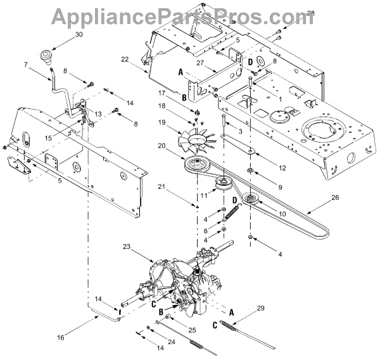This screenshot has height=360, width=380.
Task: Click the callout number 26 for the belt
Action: point(334,198)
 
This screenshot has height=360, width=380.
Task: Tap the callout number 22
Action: point(125,60)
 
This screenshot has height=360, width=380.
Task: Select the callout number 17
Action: point(162,93)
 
